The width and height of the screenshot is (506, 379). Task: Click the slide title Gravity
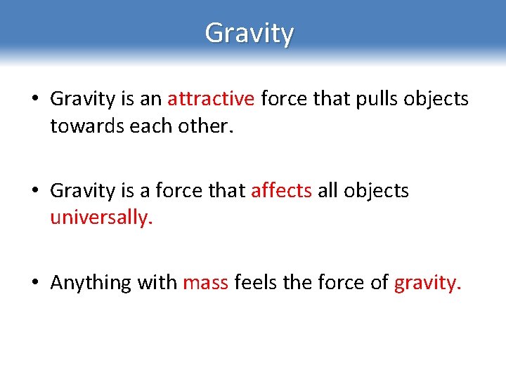249,32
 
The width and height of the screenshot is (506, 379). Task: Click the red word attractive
211,99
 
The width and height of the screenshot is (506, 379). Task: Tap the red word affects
281,190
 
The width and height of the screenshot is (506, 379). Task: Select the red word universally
101,218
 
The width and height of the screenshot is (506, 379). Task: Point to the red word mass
205,282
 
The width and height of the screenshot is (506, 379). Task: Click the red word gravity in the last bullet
427,283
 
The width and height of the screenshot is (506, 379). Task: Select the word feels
255,282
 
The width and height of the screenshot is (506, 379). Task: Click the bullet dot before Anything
34,283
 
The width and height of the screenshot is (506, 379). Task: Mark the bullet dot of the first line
34,100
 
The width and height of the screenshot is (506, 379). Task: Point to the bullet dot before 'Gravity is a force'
34,191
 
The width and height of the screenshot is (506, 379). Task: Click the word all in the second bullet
327,190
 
